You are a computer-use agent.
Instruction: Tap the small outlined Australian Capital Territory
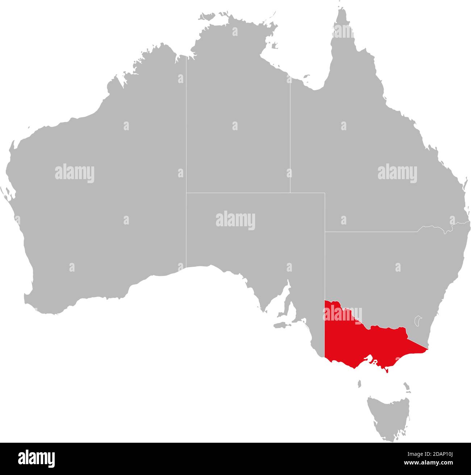419,321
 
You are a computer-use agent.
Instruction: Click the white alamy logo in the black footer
36,459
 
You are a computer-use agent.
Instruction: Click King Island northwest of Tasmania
360,383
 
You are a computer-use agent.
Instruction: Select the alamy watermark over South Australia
236,220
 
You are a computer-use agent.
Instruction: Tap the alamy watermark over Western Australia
75,173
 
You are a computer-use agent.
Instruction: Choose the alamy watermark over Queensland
397,172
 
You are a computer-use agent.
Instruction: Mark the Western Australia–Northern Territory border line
186,145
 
